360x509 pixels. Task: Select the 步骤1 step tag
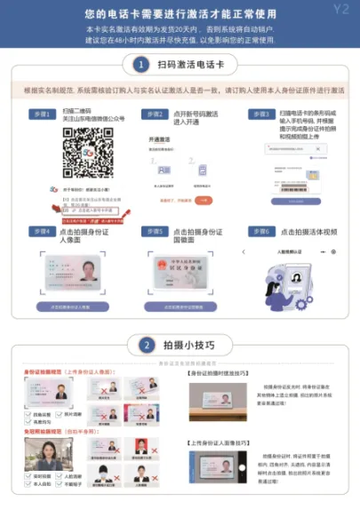[40, 115]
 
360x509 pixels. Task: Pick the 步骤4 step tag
[40, 231]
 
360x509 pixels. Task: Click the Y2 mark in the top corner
[341, 10]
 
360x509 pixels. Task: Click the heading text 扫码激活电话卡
[190, 65]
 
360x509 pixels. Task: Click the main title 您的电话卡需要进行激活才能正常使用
[180, 14]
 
